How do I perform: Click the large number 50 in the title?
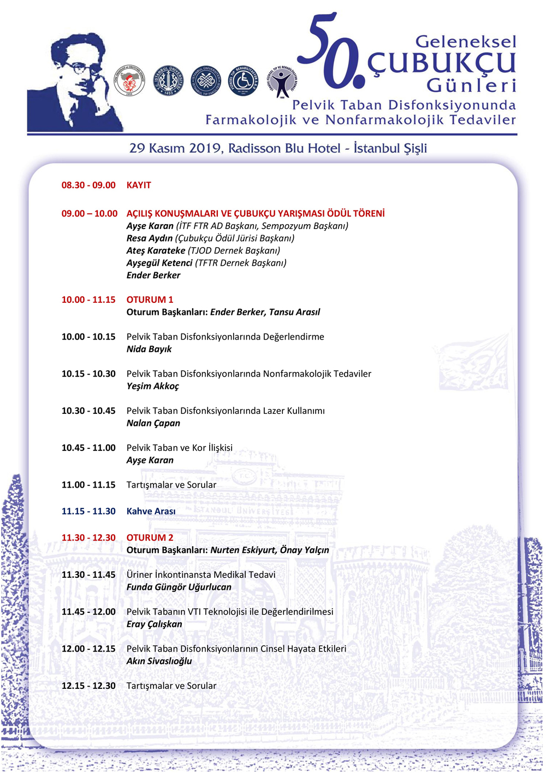[330, 52]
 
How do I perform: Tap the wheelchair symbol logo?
[243, 81]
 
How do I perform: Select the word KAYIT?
[139, 185]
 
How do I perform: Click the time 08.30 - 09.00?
[88, 185]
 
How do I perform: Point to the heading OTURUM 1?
[150, 300]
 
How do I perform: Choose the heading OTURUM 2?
[150, 538]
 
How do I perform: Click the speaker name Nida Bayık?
[149, 349]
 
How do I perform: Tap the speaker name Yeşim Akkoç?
[153, 386]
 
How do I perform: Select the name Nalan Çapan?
[153, 423]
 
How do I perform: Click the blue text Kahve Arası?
[151, 512]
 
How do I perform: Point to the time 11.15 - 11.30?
[88, 512]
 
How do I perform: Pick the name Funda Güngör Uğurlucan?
[179, 587]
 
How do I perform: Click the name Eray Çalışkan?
[155, 624]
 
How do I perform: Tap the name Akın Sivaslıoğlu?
[159, 661]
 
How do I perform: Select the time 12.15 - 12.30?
[88, 686]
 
